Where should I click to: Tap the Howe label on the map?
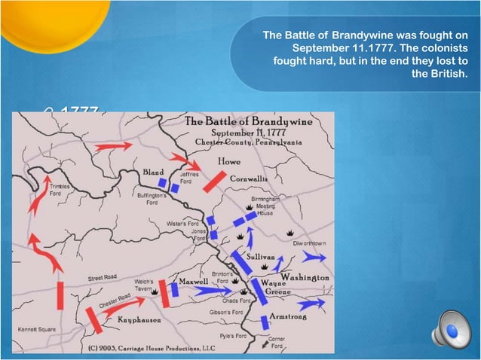(229, 161)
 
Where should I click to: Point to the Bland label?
(153, 172)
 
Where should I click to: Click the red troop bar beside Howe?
(214, 180)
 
